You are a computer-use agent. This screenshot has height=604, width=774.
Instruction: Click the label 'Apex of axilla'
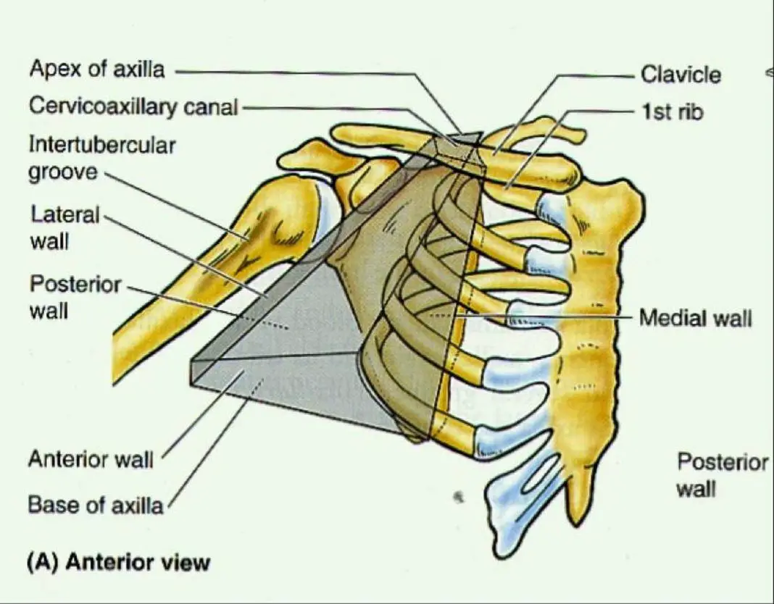pos(96,70)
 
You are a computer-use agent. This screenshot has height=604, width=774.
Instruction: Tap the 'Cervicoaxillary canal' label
pos(133,107)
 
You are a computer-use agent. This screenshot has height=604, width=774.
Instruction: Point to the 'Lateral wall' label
pos(65,226)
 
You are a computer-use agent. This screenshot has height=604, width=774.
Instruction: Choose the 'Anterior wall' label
pos(91,459)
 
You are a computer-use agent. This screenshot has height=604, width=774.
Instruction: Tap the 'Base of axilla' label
pos(96,505)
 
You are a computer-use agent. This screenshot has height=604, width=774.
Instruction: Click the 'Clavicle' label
pos(681,75)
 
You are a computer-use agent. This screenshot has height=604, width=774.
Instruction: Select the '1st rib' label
pos(672,112)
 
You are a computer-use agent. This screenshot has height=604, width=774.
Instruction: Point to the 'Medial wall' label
pos(695,318)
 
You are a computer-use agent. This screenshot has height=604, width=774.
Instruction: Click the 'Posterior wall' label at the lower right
pos(721,475)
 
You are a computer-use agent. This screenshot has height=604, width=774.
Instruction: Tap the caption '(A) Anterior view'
pos(118,563)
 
